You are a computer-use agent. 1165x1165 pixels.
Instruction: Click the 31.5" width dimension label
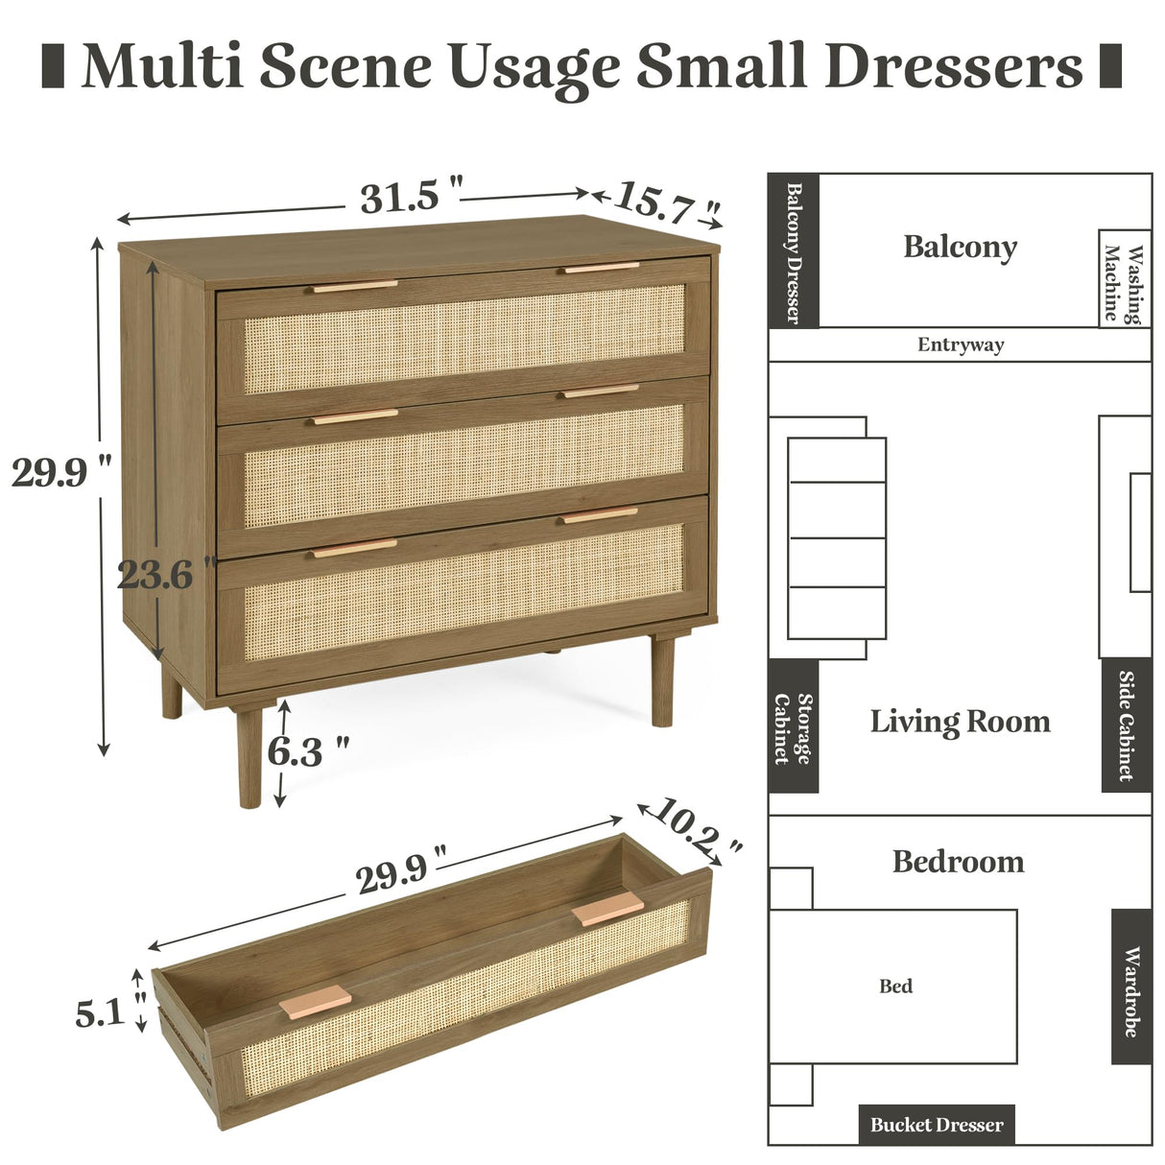tap(411, 198)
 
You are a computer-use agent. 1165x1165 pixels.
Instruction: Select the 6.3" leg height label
tap(307, 751)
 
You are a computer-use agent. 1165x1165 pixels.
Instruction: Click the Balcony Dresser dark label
tap(794, 250)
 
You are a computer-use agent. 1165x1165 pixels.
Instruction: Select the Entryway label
tap(960, 345)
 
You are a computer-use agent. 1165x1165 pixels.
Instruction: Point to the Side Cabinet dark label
tap(1126, 726)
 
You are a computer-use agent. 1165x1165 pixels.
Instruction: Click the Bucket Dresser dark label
tap(936, 1125)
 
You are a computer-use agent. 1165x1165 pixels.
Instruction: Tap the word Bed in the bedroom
tap(895, 986)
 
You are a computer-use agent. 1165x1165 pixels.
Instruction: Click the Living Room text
tap(960, 721)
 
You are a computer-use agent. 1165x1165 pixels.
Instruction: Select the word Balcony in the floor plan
tap(960, 247)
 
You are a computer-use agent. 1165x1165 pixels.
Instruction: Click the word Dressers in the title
tap(954, 66)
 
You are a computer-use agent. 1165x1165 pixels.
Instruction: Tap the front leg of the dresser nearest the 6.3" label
tap(250, 758)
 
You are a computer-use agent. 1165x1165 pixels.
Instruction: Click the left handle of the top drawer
tap(354, 286)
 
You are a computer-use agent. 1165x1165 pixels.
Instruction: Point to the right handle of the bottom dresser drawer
tap(601, 515)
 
